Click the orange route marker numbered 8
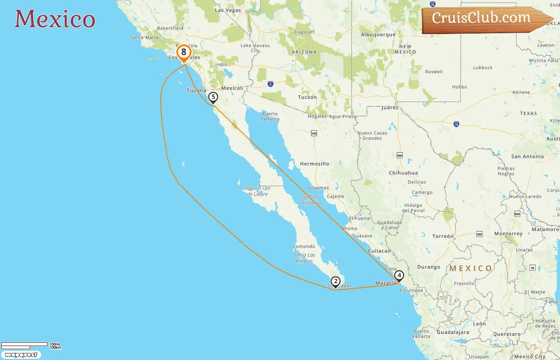[184, 52]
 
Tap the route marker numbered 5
[213, 97]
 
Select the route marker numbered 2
[336, 282]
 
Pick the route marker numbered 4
[399, 276]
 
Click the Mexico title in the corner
[55, 19]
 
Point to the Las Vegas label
[228, 10]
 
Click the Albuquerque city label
[378, 35]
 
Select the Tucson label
[307, 97]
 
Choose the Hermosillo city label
[314, 164]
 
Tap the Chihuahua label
[403, 173]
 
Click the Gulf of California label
[310, 200]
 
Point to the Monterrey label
[508, 234]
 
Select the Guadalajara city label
[453, 332]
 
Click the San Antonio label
[528, 157]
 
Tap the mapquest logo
[21, 355]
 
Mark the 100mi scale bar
[25, 344]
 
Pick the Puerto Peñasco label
[270, 116]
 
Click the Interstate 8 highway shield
[270, 84]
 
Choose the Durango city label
[429, 267]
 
